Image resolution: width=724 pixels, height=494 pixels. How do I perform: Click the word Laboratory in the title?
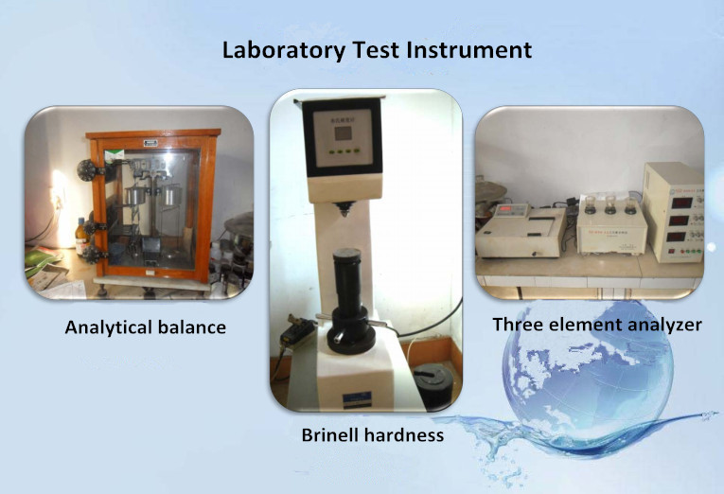pyautogui.click(x=284, y=51)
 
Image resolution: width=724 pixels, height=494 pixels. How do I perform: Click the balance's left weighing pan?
pyautogui.click(x=135, y=195)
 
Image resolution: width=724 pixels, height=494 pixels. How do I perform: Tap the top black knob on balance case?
pyautogui.click(x=87, y=170)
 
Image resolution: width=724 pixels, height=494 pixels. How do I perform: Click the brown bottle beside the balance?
pyautogui.click(x=81, y=236)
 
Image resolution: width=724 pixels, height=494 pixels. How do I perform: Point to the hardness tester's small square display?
pyautogui.click(x=343, y=133)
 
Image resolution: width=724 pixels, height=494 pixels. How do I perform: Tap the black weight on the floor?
pyautogui.click(x=433, y=386)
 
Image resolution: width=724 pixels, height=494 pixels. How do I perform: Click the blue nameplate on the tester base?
pyautogui.click(x=357, y=399)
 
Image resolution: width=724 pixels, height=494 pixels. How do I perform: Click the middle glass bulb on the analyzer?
pyautogui.click(x=610, y=204)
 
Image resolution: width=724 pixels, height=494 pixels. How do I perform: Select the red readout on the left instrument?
pyautogui.click(x=506, y=209)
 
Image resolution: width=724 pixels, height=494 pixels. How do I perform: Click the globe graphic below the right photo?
pyautogui.click(x=587, y=369)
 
